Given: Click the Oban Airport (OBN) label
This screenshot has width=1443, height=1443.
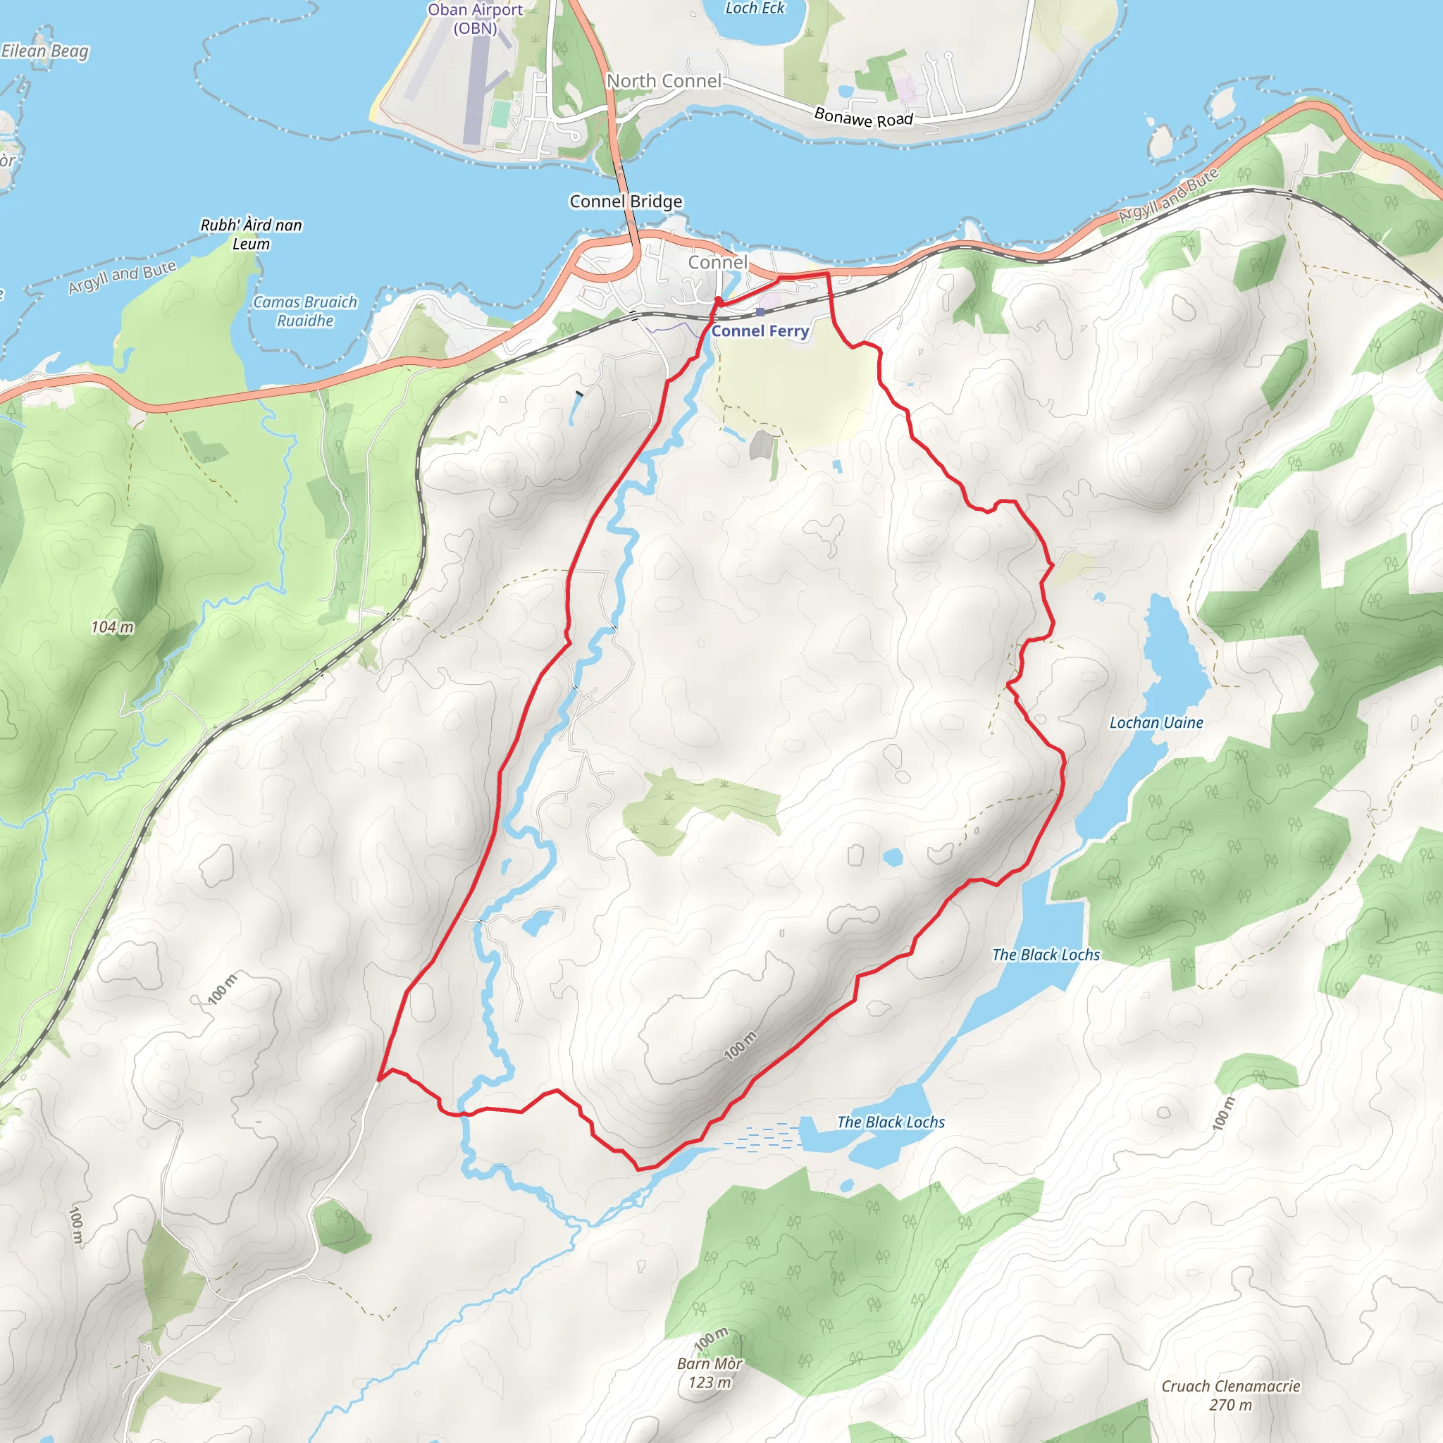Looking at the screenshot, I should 475,19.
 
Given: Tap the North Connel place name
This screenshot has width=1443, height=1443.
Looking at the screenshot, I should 663,80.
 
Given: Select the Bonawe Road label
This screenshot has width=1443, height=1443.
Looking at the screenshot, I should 863,117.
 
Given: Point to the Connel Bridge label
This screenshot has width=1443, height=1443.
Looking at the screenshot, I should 626,202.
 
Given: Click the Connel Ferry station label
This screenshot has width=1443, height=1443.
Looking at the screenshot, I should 760,331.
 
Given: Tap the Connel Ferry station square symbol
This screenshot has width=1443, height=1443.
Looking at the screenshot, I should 760,312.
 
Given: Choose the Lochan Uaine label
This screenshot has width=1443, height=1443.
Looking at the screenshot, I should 1156,722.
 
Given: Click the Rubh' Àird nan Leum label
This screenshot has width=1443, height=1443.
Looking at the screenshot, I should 251,234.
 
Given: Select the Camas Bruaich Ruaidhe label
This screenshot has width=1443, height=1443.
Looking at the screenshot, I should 304,311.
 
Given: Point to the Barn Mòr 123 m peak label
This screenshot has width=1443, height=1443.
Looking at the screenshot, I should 710,1373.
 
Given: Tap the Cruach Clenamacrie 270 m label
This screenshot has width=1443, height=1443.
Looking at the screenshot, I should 1231,1395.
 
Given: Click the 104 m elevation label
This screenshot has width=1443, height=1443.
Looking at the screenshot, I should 113,627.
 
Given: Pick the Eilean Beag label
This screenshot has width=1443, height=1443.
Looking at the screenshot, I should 45,51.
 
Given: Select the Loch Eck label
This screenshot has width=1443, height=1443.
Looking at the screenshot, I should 755,8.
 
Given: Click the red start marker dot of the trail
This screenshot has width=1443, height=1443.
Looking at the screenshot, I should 718,301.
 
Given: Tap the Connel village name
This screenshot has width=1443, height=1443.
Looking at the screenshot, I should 717,262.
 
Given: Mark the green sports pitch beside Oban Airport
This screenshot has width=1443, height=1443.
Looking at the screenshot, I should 500,113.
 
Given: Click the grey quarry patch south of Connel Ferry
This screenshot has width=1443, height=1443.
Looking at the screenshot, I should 761,445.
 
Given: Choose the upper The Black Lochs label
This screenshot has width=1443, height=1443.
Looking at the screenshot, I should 1046,955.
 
